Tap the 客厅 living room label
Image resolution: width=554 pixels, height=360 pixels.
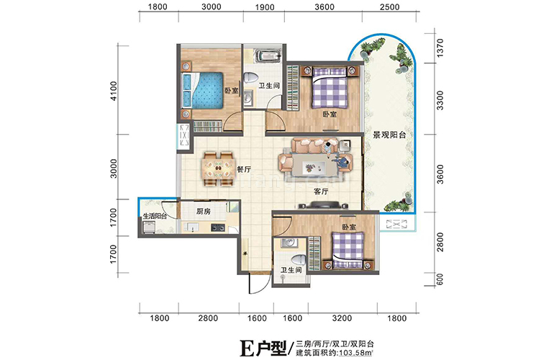click(x=321, y=192)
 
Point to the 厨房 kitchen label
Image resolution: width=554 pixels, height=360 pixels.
click(x=204, y=212)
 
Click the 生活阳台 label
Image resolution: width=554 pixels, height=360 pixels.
click(x=155, y=215)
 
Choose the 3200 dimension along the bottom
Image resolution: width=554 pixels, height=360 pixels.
click(x=342, y=318)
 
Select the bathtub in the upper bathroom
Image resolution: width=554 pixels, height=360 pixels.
click(x=264, y=55)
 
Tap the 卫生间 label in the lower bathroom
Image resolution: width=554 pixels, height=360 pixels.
click(x=291, y=271)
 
